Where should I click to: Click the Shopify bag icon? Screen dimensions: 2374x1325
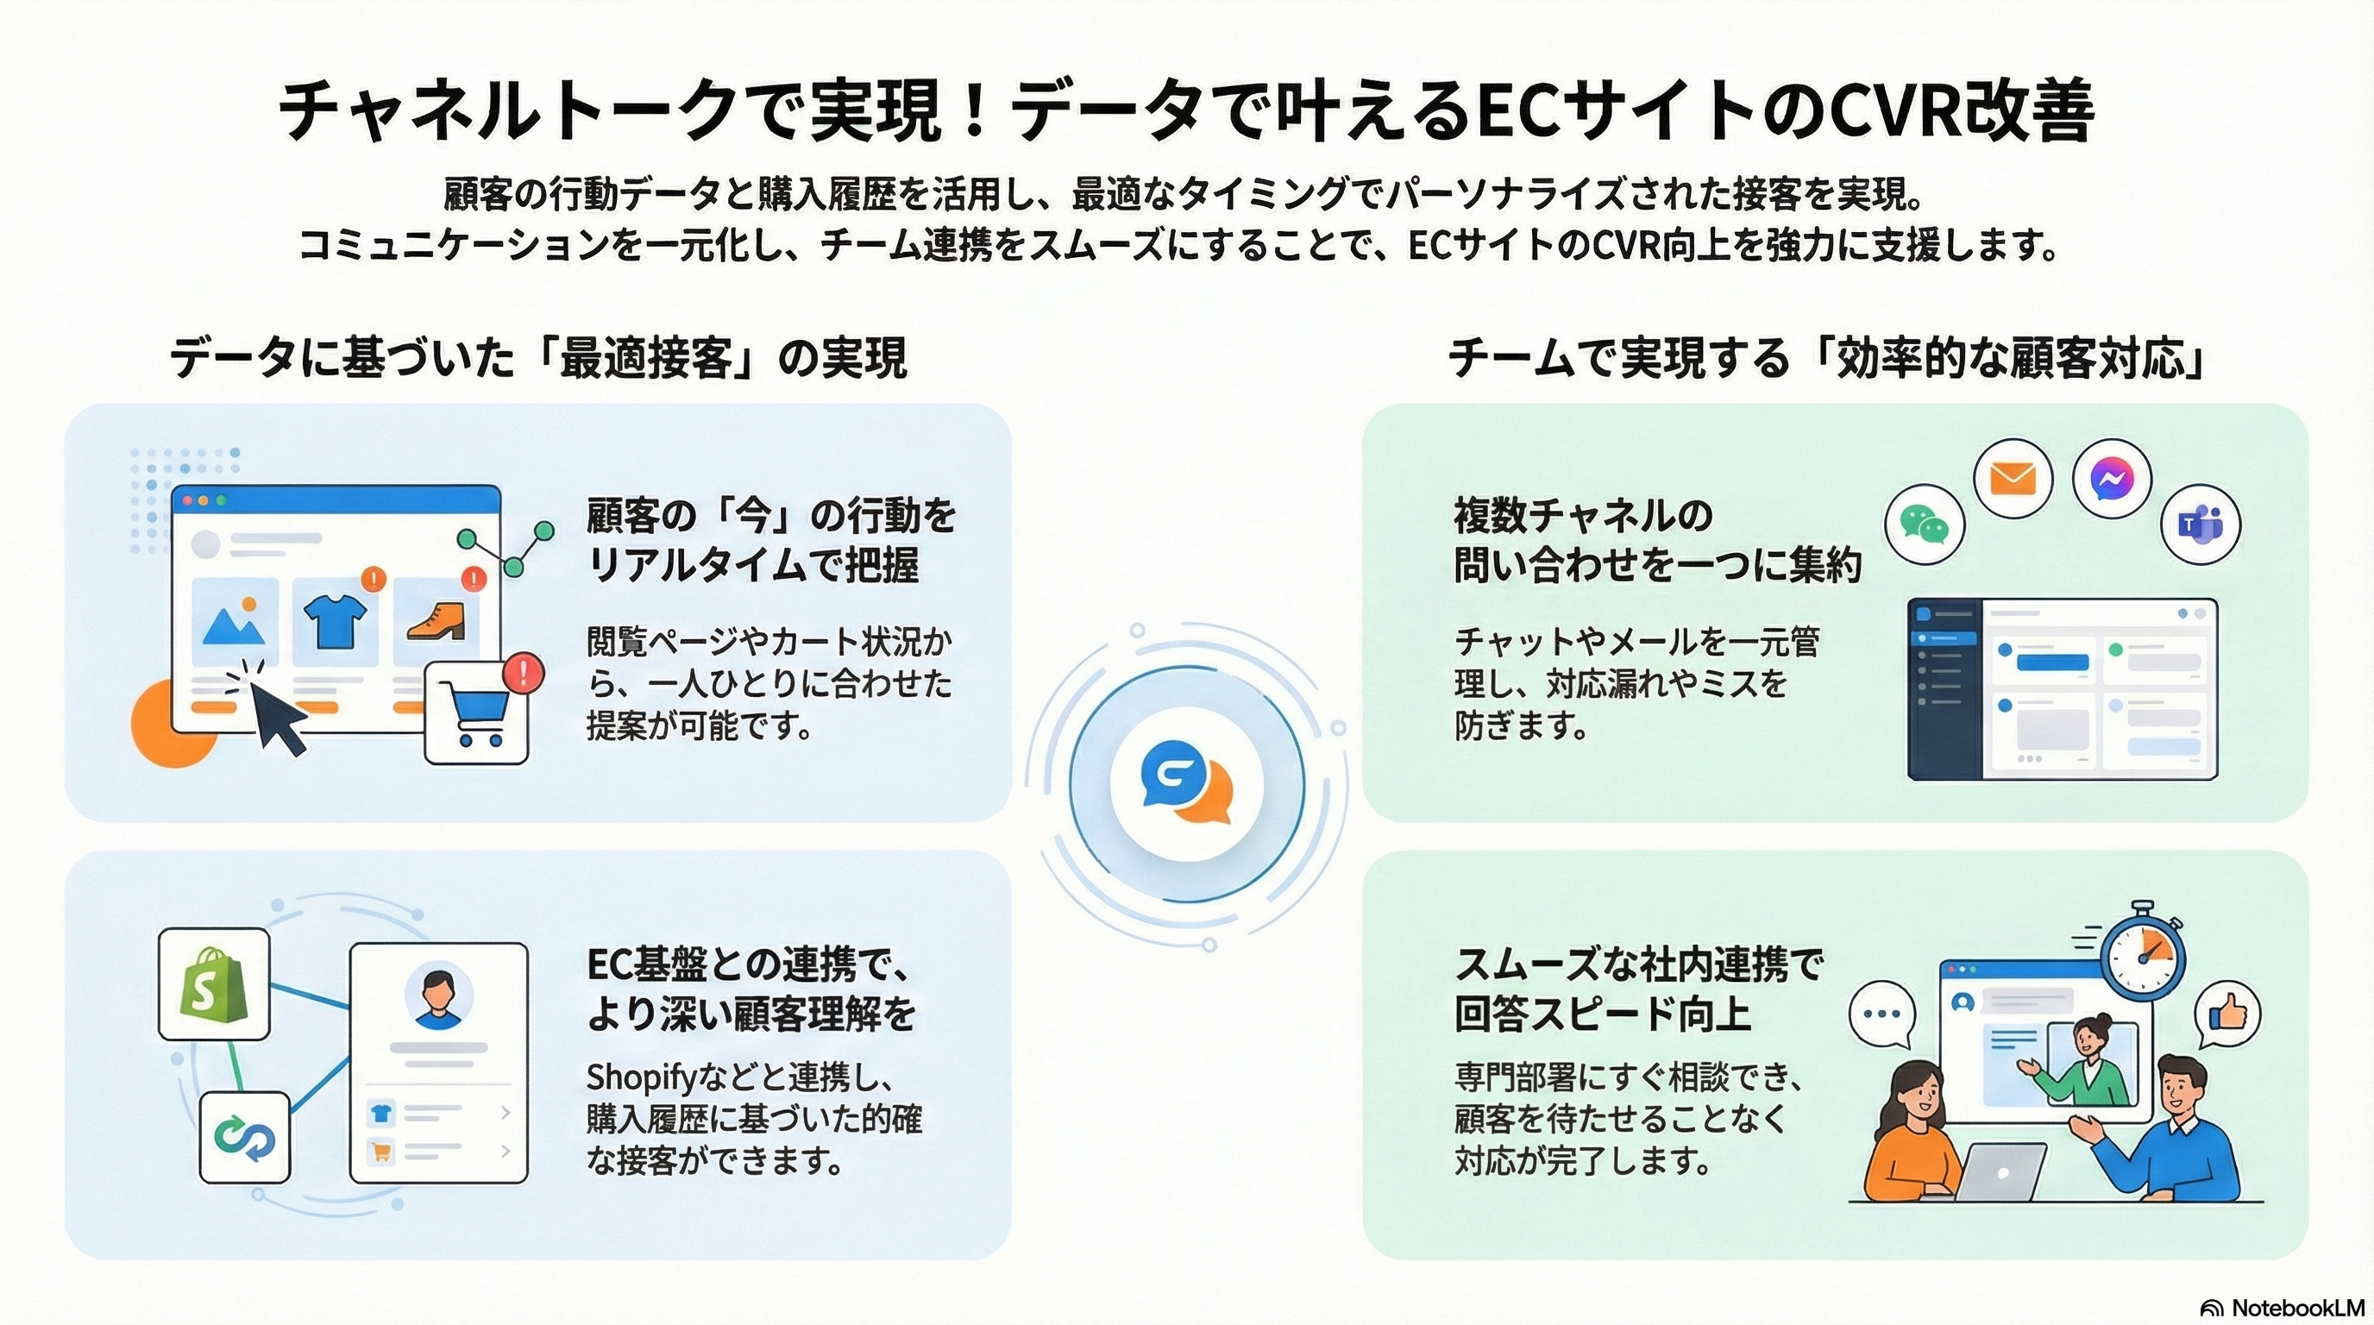[214, 983]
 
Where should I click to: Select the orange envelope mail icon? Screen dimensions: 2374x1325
[2013, 479]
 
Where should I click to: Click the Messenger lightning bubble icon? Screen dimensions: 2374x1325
[2112, 479]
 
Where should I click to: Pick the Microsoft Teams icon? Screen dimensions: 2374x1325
[2200, 524]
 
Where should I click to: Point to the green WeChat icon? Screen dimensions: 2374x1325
[1925, 524]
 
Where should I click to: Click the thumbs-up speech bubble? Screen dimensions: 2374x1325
[2226, 1015]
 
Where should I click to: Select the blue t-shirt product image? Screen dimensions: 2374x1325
[335, 621]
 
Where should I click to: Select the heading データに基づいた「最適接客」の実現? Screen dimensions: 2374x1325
[539, 357]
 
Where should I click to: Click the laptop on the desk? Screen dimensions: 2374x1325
[2000, 1171]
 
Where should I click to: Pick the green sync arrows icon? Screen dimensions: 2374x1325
[244, 1138]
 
